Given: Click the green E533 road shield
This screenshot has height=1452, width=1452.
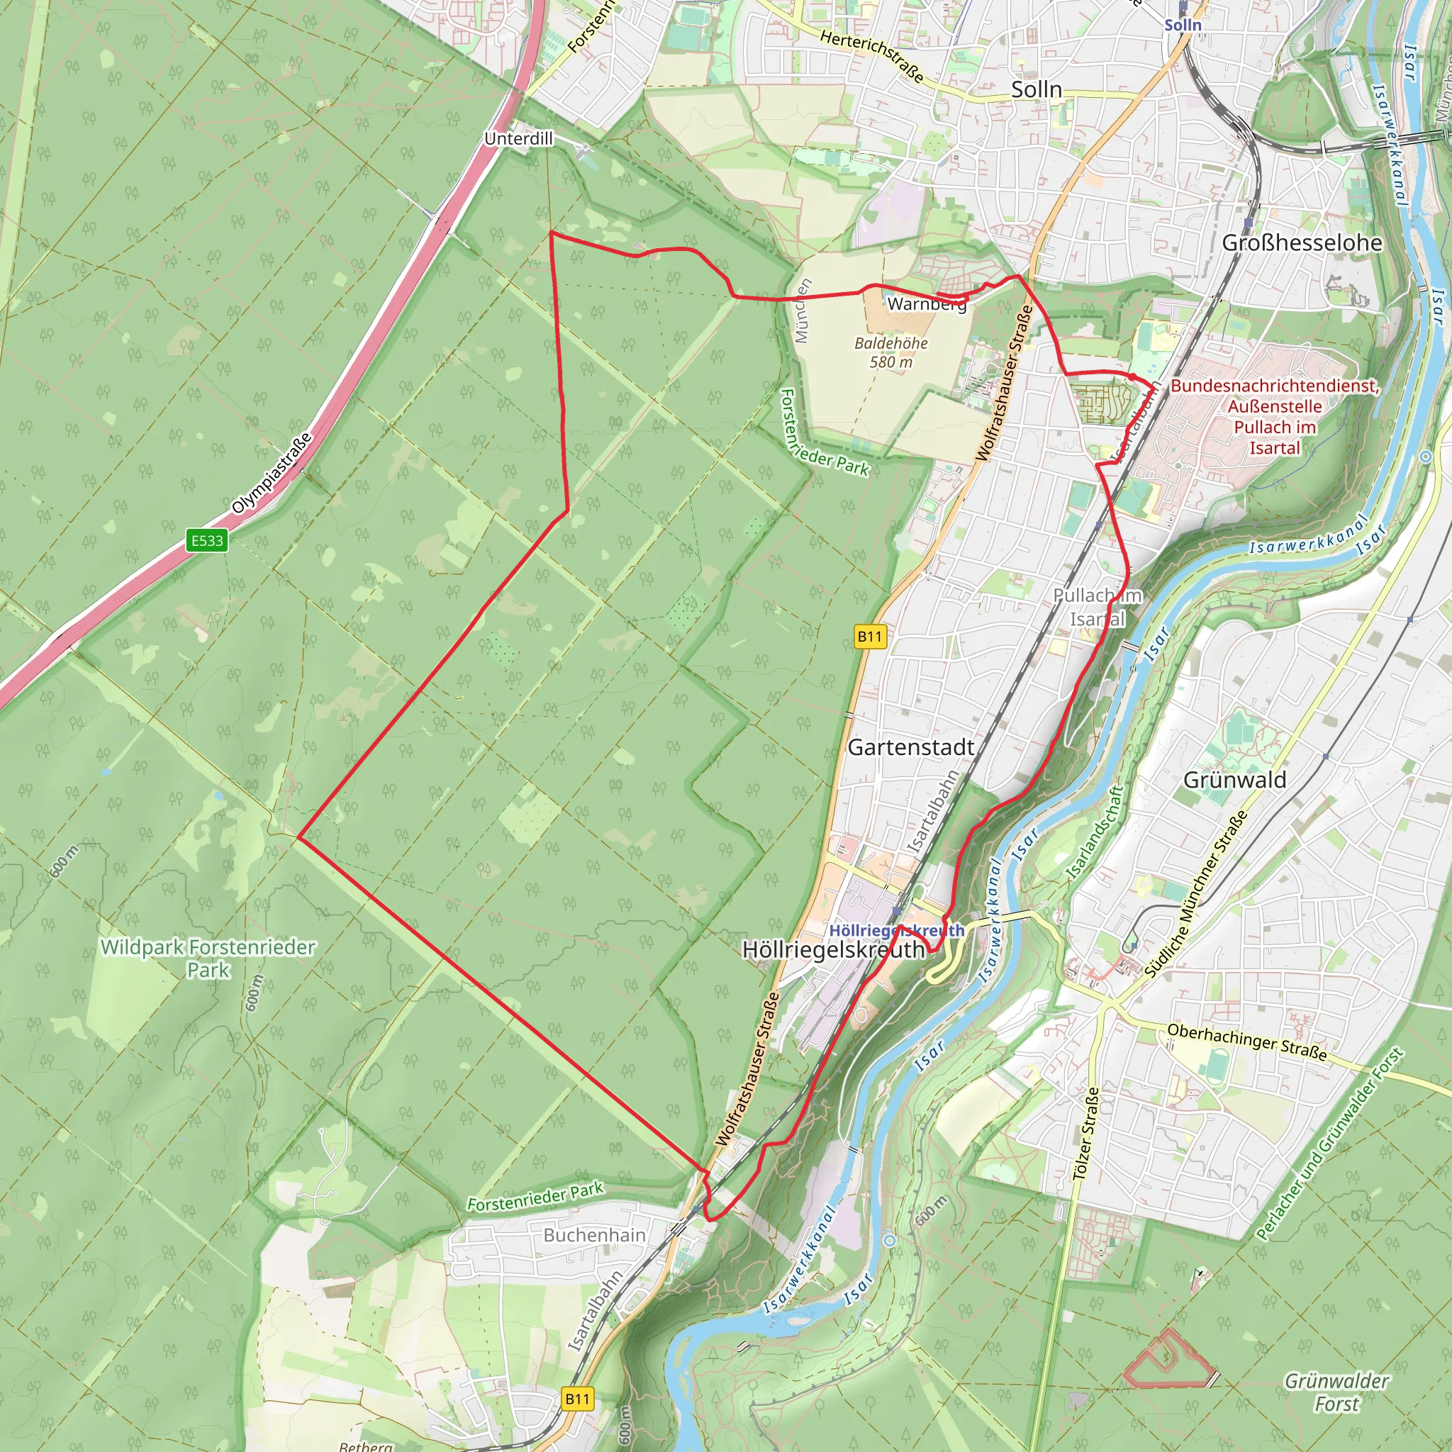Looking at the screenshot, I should (207, 540).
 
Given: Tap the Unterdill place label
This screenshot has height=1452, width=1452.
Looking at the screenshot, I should (518, 138).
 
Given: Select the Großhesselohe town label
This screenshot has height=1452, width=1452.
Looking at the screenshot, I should (1302, 242).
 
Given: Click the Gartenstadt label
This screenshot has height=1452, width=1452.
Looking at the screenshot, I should (911, 747).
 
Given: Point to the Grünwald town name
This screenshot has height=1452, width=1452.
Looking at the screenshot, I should (1235, 780).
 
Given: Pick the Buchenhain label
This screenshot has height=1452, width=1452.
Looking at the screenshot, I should (593, 1235).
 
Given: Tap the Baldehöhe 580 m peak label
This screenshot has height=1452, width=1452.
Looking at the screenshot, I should (890, 352).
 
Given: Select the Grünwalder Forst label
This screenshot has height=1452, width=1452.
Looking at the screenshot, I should (1336, 1392).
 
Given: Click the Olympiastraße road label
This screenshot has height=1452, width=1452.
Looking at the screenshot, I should (272, 474).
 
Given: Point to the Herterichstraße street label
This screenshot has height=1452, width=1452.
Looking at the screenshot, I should (872, 55).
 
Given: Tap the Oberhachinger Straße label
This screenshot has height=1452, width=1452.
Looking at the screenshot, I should (1247, 1042).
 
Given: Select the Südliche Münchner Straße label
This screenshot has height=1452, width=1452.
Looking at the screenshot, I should (1197, 894).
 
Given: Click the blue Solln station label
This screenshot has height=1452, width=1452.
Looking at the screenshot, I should (1183, 25).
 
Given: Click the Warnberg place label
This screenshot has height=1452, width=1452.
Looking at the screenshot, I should (927, 304).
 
